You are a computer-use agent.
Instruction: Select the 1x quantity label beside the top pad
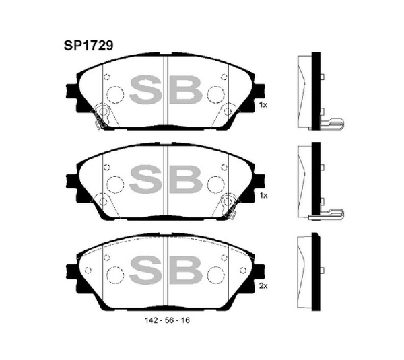click(x=263, y=106)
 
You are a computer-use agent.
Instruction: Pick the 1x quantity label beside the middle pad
click(x=263, y=195)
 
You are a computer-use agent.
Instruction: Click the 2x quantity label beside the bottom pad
click(x=263, y=285)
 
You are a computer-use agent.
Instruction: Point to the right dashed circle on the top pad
click(x=215, y=94)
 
